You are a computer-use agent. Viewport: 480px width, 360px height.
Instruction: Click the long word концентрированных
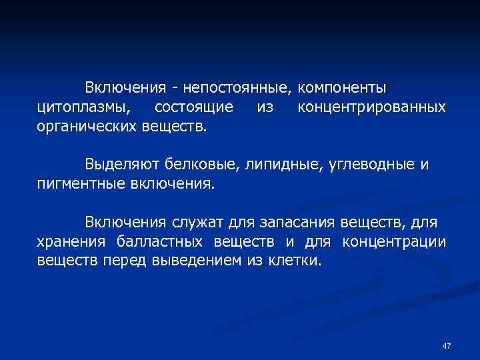(x=371, y=107)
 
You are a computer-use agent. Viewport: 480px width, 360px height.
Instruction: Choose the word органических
(x=87, y=125)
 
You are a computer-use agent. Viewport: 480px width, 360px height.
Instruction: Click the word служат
(x=200, y=221)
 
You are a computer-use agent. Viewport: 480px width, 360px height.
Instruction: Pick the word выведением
(x=194, y=259)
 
